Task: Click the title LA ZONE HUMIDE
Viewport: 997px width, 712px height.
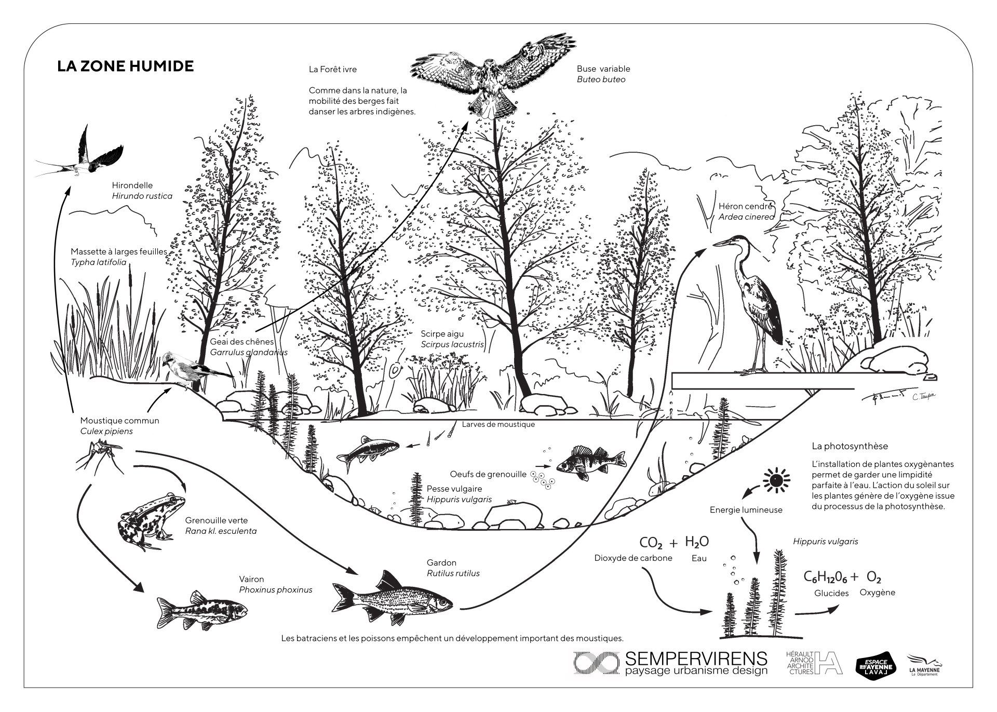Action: [125, 66]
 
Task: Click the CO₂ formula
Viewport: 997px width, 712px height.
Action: [651, 543]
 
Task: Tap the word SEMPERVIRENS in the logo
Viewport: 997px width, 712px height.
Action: [696, 659]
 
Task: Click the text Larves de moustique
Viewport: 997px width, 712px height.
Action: [498, 424]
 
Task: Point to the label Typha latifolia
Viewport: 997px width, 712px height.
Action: [99, 262]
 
